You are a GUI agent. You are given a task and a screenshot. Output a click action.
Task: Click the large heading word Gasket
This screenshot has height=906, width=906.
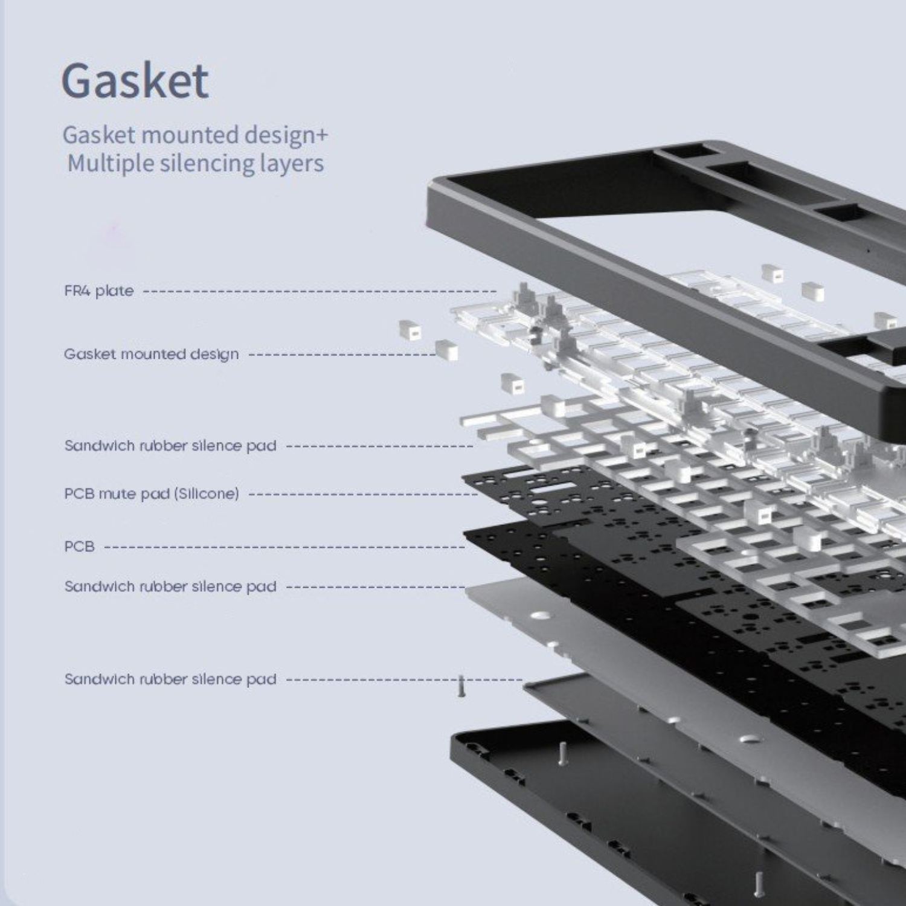(x=135, y=80)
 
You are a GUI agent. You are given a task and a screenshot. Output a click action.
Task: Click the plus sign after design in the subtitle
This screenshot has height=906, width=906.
(x=322, y=135)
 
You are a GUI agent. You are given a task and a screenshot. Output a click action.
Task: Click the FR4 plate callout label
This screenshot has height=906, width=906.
(x=99, y=291)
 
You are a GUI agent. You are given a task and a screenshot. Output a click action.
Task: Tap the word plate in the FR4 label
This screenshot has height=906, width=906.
(x=115, y=291)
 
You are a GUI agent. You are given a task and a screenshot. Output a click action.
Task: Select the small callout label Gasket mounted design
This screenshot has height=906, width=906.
(x=151, y=354)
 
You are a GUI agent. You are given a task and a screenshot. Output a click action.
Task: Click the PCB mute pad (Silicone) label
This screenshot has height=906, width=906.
(x=152, y=493)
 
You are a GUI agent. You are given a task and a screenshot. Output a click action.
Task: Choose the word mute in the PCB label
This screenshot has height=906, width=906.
(x=118, y=493)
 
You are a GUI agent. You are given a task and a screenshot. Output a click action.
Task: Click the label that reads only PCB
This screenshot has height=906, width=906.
(x=79, y=547)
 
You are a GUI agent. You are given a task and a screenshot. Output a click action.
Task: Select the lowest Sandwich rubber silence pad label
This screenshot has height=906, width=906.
(x=170, y=679)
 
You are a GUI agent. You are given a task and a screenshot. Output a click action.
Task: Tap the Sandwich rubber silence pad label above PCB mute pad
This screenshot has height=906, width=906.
(x=170, y=446)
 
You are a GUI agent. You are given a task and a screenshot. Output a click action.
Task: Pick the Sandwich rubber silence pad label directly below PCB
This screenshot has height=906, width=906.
(x=170, y=586)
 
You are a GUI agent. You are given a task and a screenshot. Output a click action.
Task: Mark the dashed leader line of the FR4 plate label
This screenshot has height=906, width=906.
(x=320, y=291)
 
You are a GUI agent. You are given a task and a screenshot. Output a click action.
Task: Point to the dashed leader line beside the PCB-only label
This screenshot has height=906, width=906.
(x=284, y=547)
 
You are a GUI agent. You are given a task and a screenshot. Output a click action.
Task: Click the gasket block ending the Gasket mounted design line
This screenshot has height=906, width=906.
(x=446, y=350)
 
